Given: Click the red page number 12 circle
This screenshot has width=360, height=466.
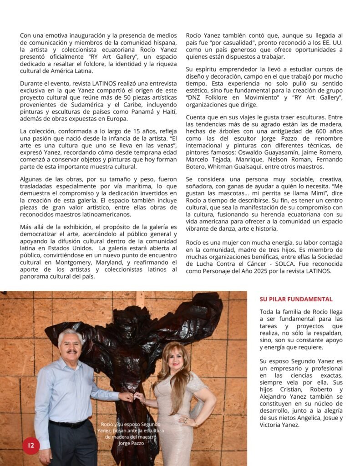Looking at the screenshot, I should coord(31,446).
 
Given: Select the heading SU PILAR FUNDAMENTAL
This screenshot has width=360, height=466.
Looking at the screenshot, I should coord(296,299).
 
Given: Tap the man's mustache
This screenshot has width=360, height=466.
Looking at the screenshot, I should coord(71,351).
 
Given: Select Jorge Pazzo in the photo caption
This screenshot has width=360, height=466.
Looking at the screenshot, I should coord(130,442).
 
